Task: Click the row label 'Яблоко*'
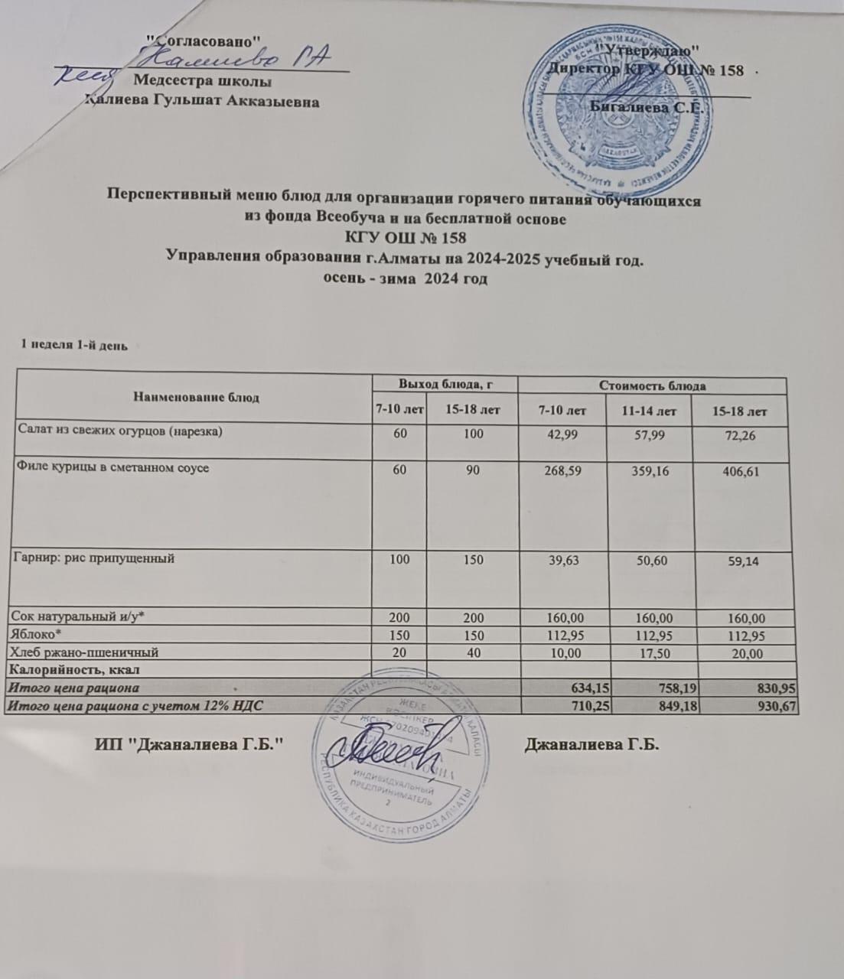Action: pos(28,635)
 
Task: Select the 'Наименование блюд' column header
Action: pos(196,397)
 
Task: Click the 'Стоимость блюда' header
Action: pos(653,385)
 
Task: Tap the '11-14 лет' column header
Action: pos(649,411)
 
